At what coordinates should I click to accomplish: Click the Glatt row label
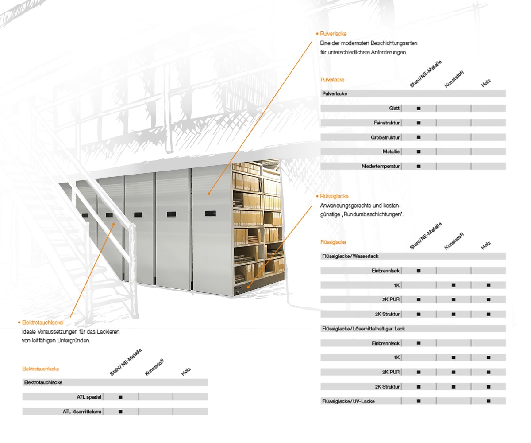click(x=394, y=108)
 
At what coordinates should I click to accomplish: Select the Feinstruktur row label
click(x=387, y=123)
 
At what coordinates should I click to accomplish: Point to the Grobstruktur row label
click(x=385, y=137)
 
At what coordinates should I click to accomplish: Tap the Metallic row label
click(x=391, y=152)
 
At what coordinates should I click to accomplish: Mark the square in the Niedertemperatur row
click(x=419, y=166)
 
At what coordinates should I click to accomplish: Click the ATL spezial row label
click(x=89, y=397)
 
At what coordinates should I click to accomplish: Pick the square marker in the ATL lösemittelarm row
click(x=120, y=412)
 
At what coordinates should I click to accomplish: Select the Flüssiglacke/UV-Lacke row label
click(x=348, y=401)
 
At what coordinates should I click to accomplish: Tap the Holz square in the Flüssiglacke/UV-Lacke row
click(x=489, y=401)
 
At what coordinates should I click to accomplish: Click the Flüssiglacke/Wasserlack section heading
click(x=350, y=256)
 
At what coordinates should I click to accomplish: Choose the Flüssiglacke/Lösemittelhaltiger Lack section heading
click(x=363, y=329)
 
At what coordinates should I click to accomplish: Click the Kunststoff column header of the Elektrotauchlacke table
click(x=154, y=367)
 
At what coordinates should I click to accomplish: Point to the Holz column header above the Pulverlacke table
click(x=486, y=83)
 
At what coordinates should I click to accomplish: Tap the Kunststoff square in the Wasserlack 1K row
click(x=454, y=285)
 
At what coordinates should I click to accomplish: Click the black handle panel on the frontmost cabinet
click(x=211, y=213)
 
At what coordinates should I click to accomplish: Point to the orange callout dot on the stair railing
click(x=114, y=224)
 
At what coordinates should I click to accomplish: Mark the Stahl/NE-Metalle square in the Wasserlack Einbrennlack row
click(x=419, y=271)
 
